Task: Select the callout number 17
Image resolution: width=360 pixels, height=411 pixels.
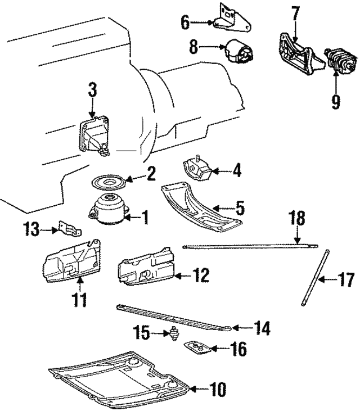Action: [x=347, y=279]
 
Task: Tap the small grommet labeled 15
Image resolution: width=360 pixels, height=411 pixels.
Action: [x=174, y=335]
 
